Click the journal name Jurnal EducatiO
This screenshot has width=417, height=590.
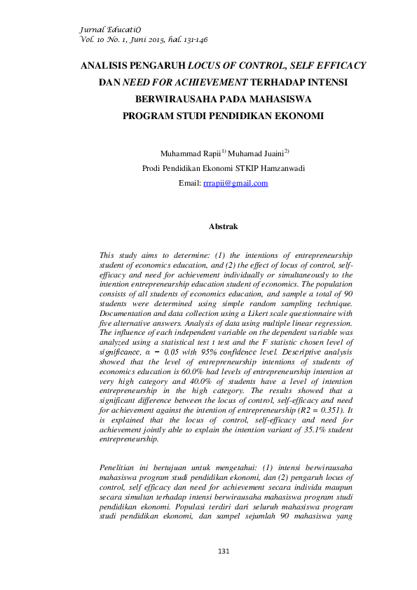click(106, 29)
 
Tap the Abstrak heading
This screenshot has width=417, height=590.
click(224, 226)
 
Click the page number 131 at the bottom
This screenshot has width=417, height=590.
click(224, 553)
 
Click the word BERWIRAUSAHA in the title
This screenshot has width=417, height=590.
click(176, 100)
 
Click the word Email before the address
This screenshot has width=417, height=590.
click(189, 183)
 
